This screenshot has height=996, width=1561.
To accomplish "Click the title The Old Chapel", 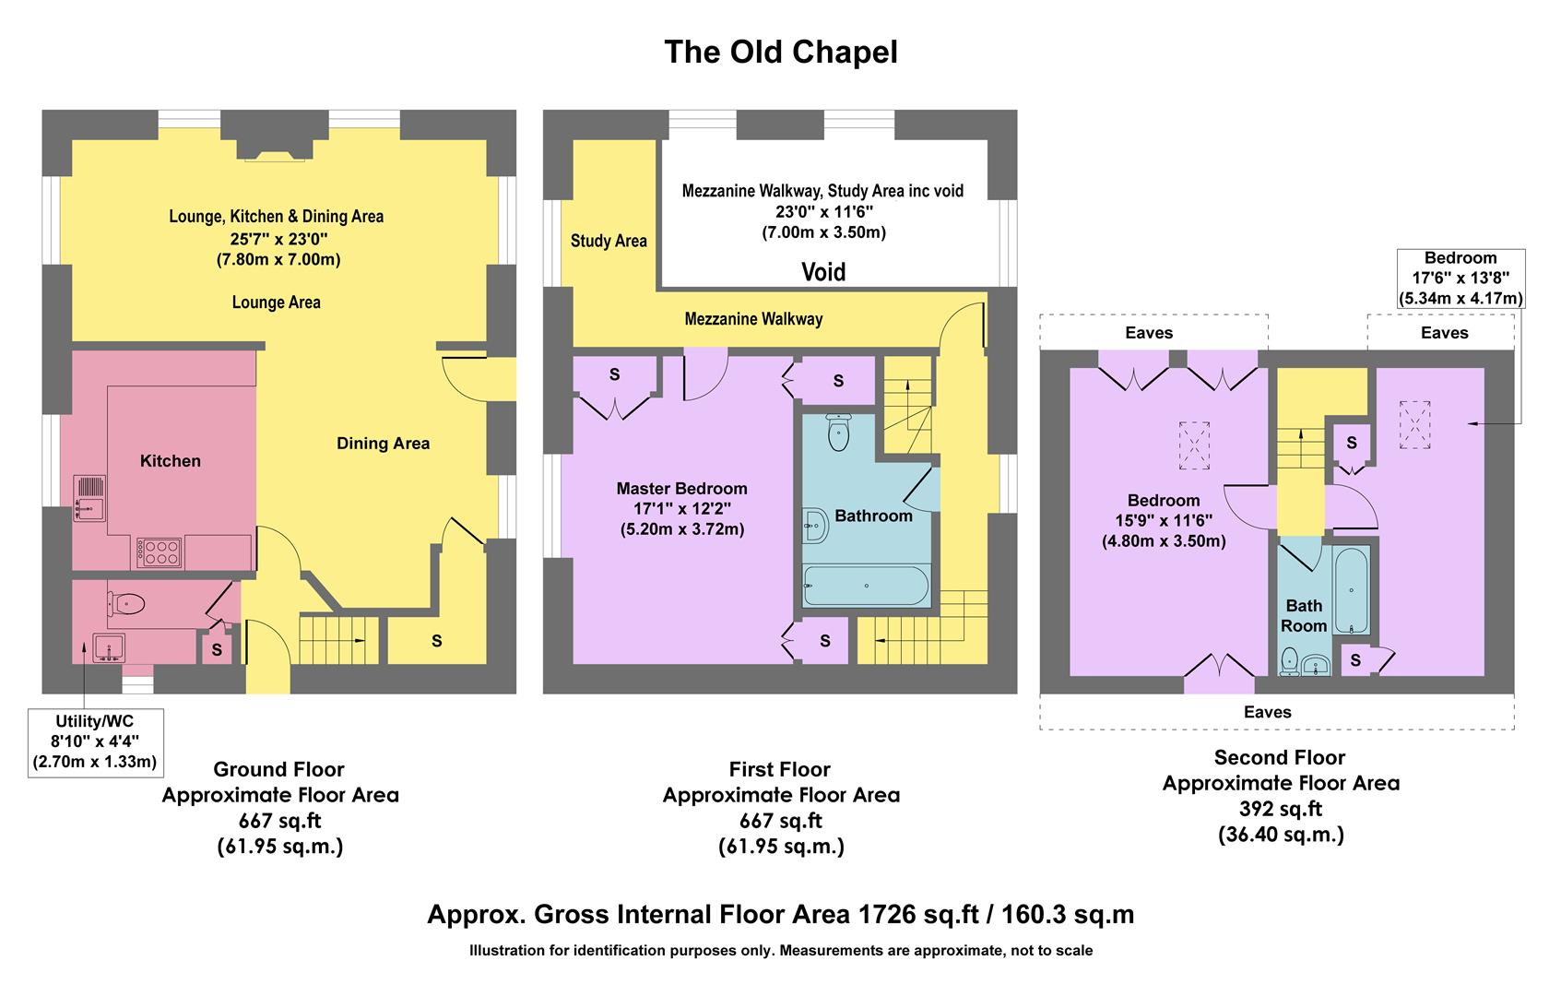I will (x=780, y=52).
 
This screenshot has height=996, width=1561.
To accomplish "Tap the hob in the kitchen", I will (x=159, y=551).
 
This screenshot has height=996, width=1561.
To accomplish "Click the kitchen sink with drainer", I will (x=89, y=498).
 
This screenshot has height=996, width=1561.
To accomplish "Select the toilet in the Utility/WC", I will (x=126, y=604).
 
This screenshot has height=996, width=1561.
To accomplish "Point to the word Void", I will (x=822, y=272).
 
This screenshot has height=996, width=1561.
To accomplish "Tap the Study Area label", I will (x=609, y=241).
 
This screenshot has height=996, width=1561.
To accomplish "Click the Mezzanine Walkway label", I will (x=753, y=319).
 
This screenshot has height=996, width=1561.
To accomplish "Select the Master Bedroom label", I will (x=681, y=489).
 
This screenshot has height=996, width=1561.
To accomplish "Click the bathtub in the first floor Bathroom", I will (x=865, y=585).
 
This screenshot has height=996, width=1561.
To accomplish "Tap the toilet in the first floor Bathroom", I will (x=838, y=433).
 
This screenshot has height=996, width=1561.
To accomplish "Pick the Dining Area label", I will (x=383, y=444).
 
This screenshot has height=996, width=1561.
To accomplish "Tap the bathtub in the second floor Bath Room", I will (x=1351, y=588).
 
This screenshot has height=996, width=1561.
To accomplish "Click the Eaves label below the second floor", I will (x=1267, y=712).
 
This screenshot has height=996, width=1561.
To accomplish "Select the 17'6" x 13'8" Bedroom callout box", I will (x=1460, y=278).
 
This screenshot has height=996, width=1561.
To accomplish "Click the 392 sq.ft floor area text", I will (x=1281, y=809).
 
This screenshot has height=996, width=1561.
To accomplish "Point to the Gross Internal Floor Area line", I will (x=780, y=914).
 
